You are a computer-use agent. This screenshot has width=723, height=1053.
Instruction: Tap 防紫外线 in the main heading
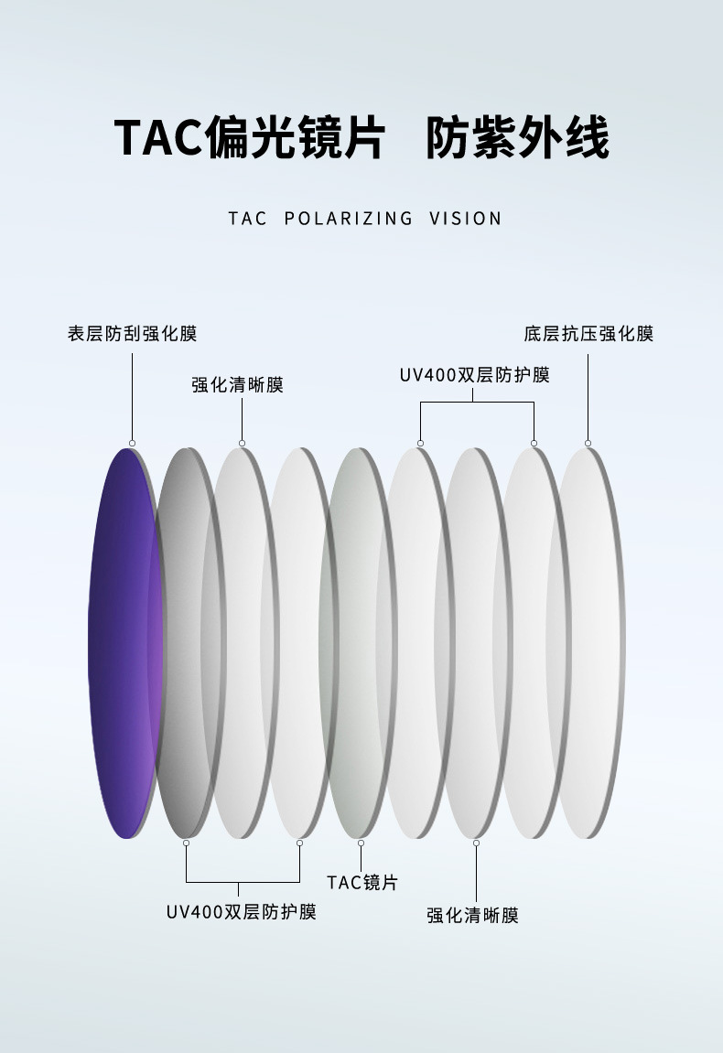pyautogui.click(x=517, y=138)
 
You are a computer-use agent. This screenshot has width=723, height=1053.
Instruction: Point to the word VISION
pyautogui.click(x=465, y=219)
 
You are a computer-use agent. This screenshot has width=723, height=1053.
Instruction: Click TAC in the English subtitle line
pyautogui.click(x=247, y=219)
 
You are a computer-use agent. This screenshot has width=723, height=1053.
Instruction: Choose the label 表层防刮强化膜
pyautogui.click(x=132, y=333)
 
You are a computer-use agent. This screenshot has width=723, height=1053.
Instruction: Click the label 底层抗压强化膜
pyautogui.click(x=588, y=333)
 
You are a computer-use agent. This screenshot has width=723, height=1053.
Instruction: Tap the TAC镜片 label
pyautogui.click(x=361, y=882)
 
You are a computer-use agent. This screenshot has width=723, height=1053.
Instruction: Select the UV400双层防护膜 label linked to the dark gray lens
pyautogui.click(x=241, y=911)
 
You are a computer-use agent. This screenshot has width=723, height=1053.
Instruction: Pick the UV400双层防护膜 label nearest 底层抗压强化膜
pyautogui.click(x=474, y=375)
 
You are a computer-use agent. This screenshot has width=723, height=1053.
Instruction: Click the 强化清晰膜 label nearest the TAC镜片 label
pyautogui.click(x=472, y=915)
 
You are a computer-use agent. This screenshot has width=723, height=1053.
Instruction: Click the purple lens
pyautogui.click(x=124, y=640)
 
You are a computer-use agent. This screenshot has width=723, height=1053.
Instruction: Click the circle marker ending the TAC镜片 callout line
pyautogui.click(x=361, y=843)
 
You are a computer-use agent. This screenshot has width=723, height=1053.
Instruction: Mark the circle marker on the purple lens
pyautogui.click(x=132, y=443)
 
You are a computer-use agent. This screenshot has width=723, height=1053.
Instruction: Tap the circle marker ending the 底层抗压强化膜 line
pyautogui.click(x=588, y=443)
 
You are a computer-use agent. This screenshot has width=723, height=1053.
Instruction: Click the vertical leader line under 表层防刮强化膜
pyautogui.click(x=132, y=393)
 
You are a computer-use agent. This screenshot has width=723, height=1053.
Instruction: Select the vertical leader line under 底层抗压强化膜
pyautogui.click(x=588, y=393)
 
